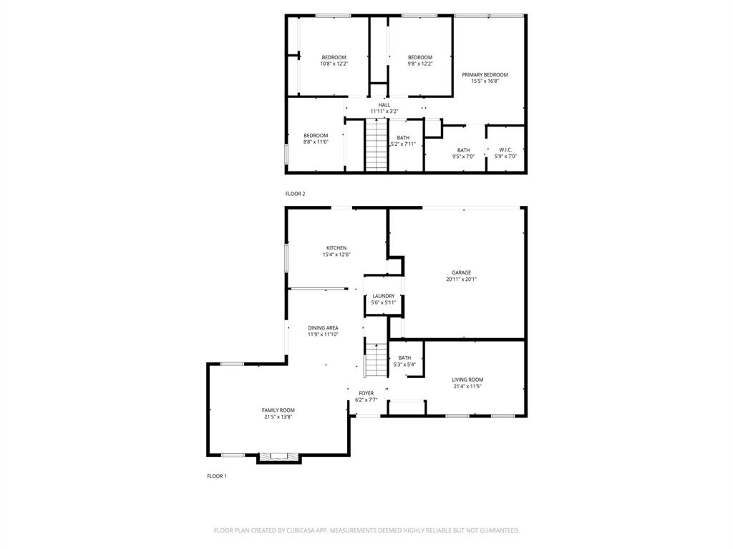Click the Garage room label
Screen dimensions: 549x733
(x=461, y=272)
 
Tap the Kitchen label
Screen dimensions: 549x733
(x=336, y=248)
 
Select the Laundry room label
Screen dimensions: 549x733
(x=383, y=296)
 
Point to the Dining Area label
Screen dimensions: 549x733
(x=323, y=327)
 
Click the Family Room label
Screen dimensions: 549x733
(x=278, y=410)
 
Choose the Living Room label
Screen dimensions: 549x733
(x=467, y=380)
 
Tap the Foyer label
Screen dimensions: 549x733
(x=366, y=393)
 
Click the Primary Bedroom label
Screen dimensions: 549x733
(x=485, y=75)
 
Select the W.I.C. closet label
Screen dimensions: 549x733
(x=505, y=150)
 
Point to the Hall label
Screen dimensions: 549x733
(x=384, y=105)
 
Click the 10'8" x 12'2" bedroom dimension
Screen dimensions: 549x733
(x=334, y=64)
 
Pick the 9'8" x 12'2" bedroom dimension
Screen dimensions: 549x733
(x=420, y=64)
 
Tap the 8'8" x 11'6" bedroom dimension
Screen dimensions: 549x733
(x=316, y=142)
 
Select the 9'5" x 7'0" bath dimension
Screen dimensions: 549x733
(x=463, y=157)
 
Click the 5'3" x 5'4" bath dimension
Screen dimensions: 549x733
(x=404, y=365)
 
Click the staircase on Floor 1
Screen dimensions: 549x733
(x=376, y=360)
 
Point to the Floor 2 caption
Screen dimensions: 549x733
(x=295, y=194)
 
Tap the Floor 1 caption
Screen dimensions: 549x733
(x=216, y=476)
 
